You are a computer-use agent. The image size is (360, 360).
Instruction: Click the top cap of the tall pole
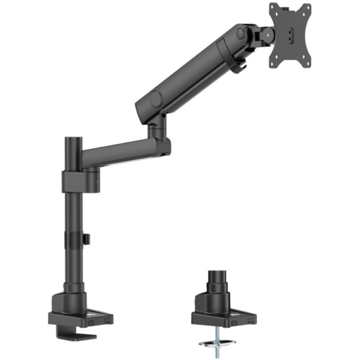pyautogui.click(x=73, y=141)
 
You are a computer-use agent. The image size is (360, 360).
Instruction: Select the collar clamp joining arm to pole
pyautogui.click(x=74, y=181)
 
